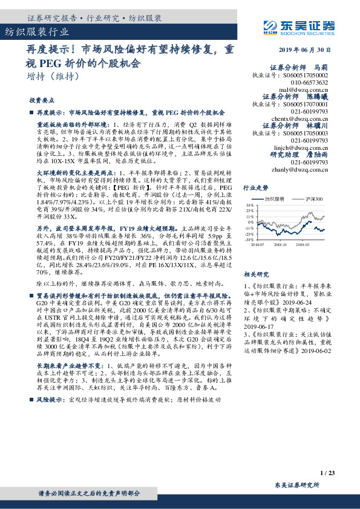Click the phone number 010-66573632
(x=309, y=82)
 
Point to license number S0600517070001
(x=306, y=105)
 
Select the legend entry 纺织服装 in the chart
(x=276, y=198)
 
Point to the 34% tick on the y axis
(x=249, y=206)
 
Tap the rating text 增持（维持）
(x=53, y=77)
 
